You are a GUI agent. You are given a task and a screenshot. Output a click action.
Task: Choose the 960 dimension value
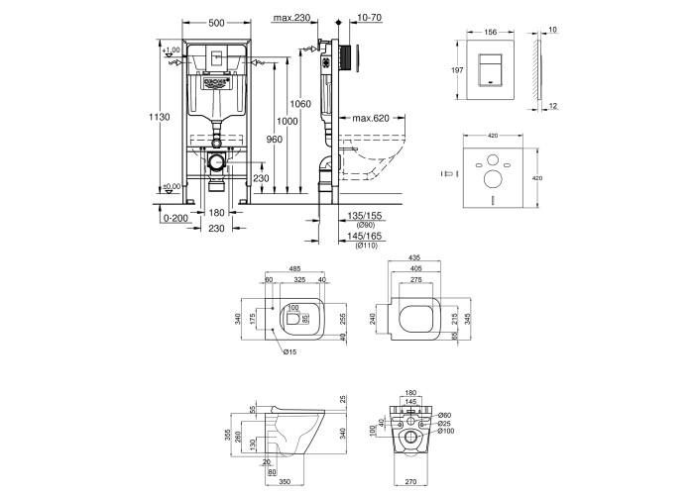(275, 140)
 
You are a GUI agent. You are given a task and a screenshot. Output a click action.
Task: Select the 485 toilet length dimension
(294, 268)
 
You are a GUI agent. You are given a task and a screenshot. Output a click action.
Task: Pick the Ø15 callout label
(289, 350)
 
